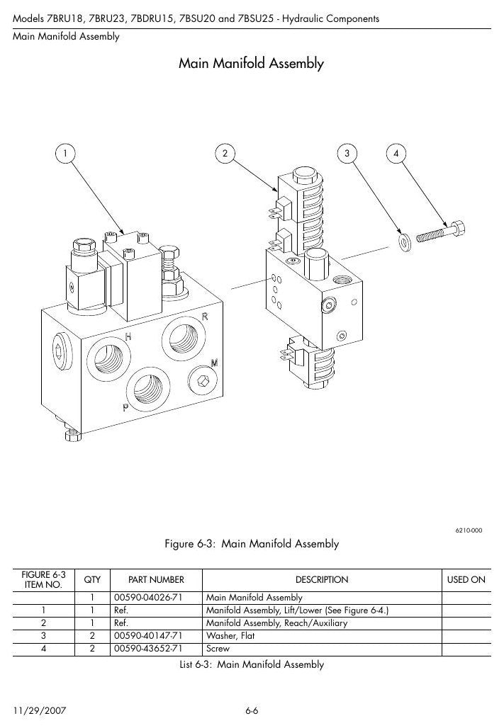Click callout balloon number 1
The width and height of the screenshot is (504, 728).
(x=65, y=154)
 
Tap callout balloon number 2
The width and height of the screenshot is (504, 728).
(x=225, y=154)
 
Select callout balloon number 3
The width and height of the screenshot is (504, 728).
(x=347, y=154)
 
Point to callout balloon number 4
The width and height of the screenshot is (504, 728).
(x=396, y=154)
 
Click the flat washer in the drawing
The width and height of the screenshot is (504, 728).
(x=405, y=242)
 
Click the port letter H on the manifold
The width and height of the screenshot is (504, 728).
(x=128, y=337)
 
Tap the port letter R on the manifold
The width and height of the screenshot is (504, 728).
(x=204, y=317)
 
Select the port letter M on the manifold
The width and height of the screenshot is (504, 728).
(x=214, y=363)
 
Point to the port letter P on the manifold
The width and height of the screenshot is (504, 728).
(x=125, y=407)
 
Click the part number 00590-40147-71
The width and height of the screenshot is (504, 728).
(x=148, y=636)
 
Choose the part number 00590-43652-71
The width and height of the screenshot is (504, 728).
(x=148, y=649)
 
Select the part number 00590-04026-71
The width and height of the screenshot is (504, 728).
(x=148, y=598)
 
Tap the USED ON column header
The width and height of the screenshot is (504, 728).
(x=466, y=580)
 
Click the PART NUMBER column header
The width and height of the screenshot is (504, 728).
(x=156, y=580)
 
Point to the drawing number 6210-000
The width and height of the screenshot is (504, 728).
(x=469, y=530)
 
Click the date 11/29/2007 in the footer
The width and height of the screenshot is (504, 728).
(x=40, y=711)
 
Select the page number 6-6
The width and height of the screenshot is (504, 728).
(x=252, y=711)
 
